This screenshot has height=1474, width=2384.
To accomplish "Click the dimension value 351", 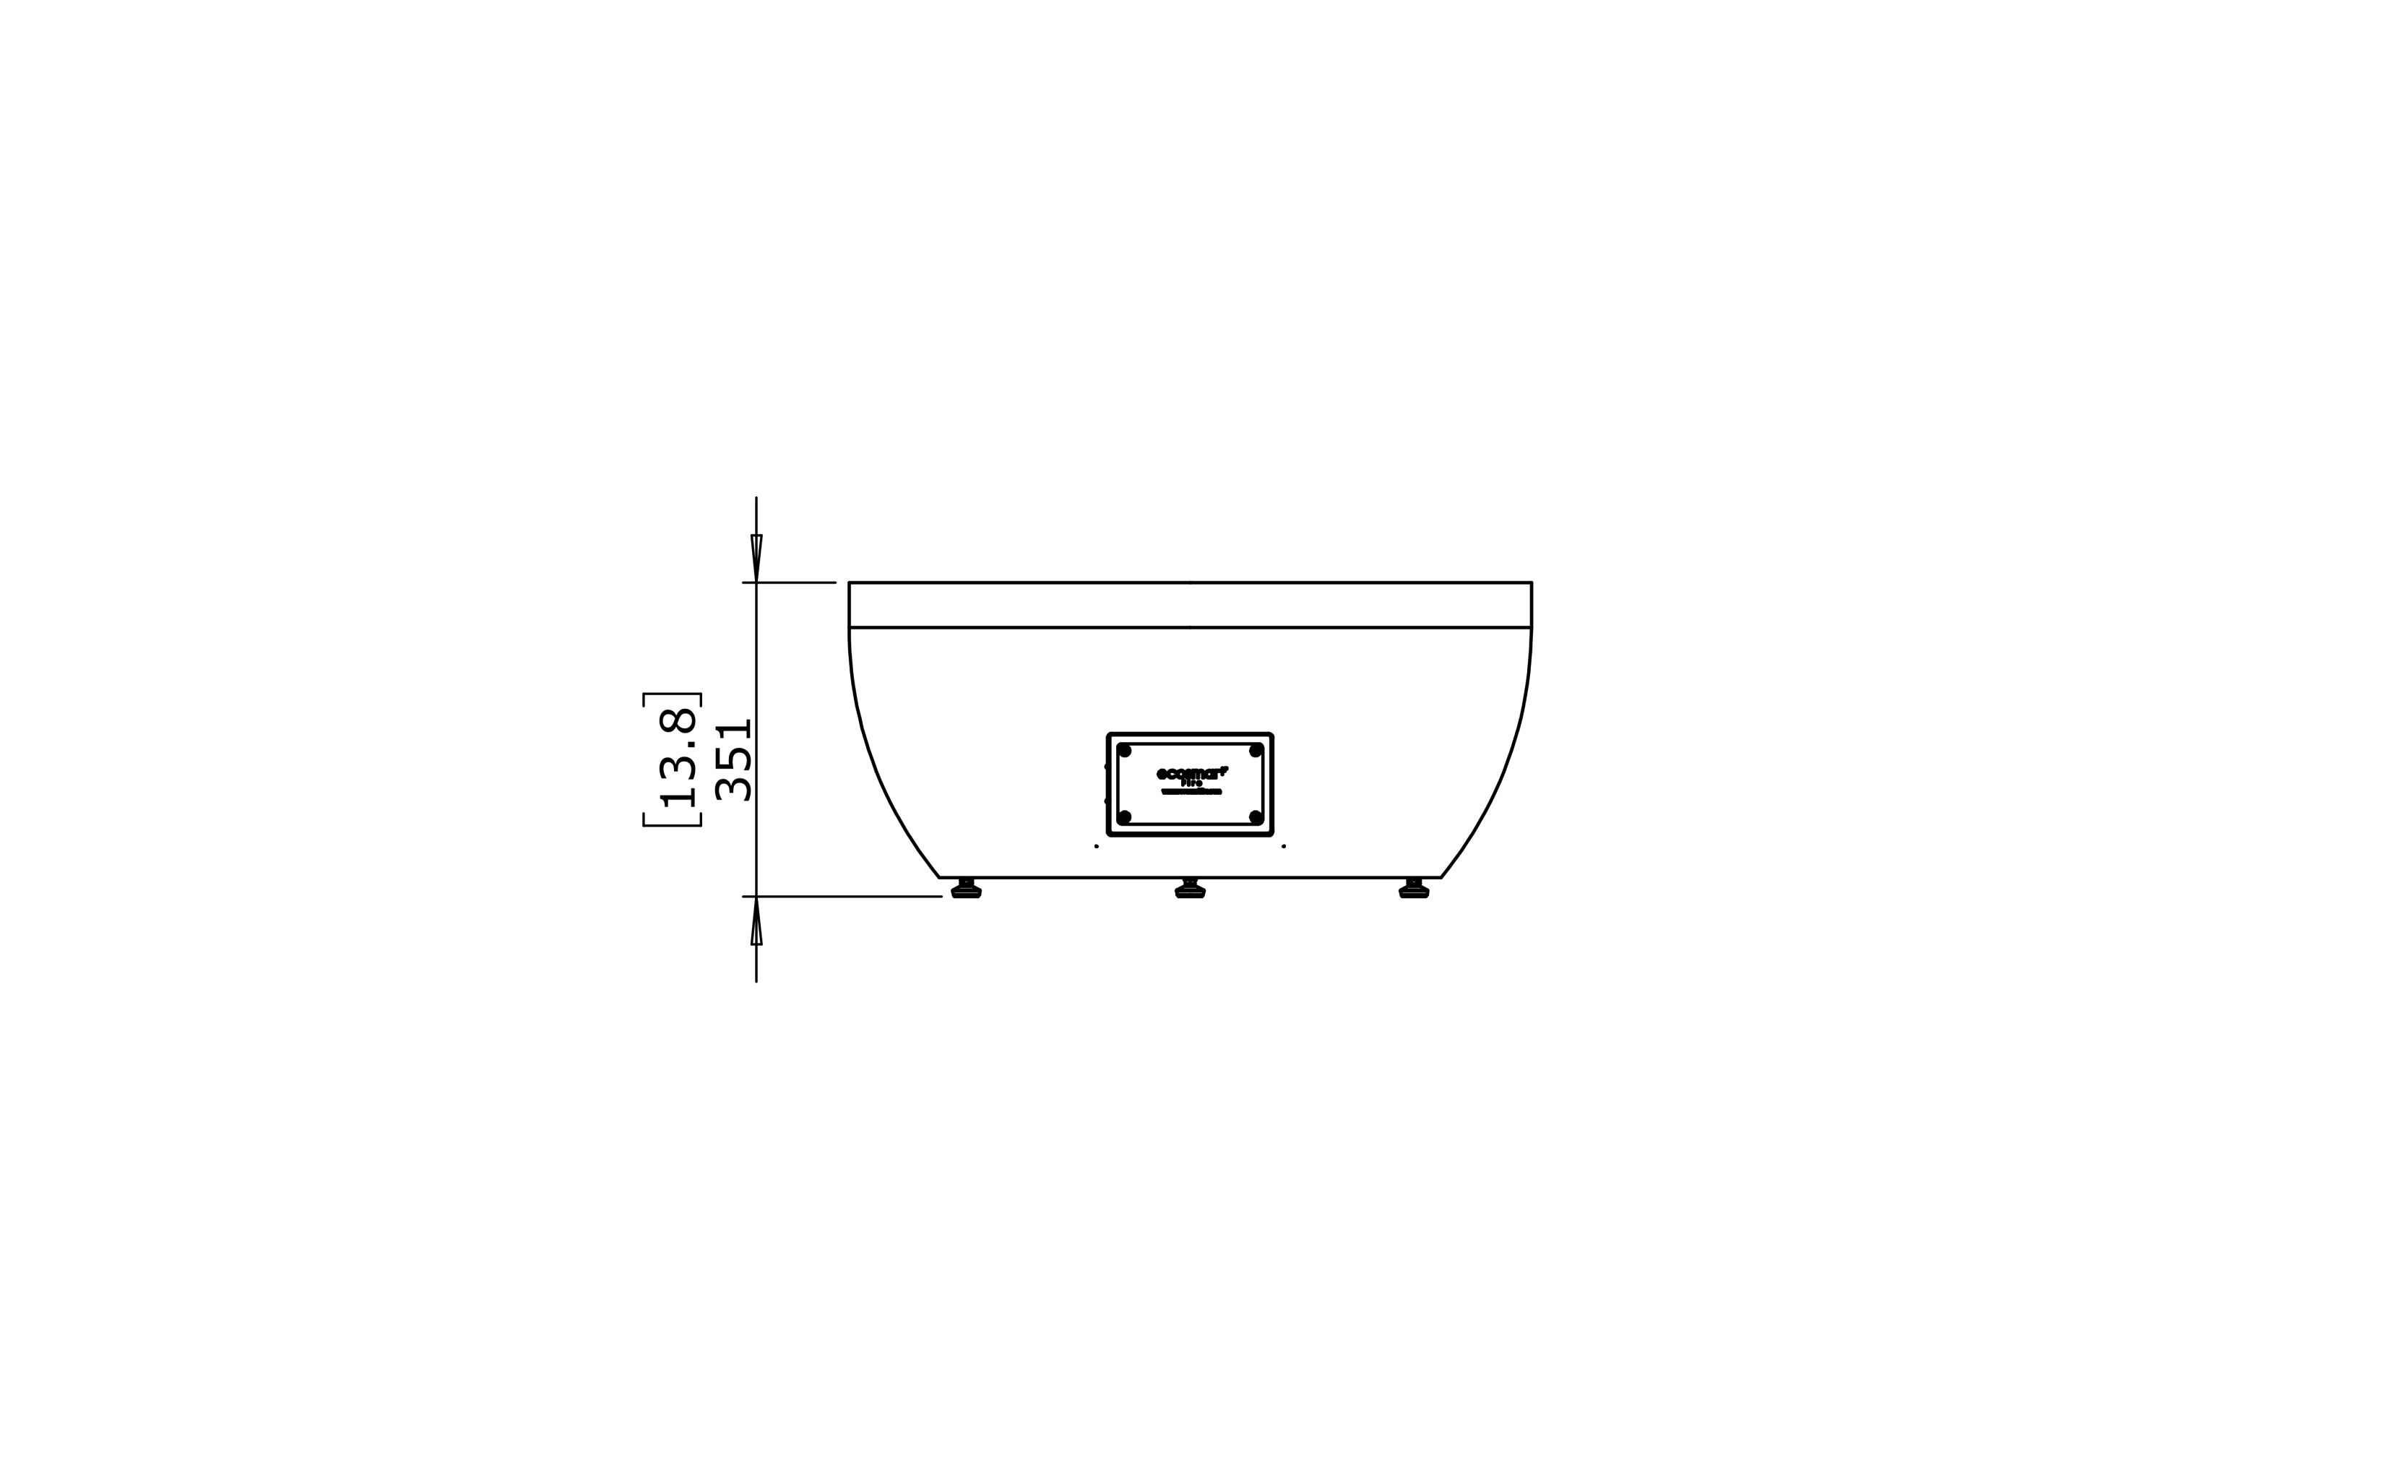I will tap(734, 760).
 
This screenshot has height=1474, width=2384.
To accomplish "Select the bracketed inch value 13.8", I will tap(678, 759).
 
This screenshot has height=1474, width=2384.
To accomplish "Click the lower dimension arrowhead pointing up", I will tap(756, 922).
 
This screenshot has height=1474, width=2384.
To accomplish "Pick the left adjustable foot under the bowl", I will tap(966, 888).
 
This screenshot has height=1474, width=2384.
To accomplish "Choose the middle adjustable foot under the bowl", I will tap(1190, 888).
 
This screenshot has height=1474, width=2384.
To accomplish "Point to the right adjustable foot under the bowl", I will tap(1415, 888).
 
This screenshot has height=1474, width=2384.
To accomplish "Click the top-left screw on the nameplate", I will tap(1125, 751).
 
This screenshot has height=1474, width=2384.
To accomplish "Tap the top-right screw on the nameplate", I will tap(1256, 751).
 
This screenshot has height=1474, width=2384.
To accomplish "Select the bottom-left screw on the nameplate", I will tap(1125, 817).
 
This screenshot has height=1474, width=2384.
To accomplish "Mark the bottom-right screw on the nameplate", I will tap(1256, 817).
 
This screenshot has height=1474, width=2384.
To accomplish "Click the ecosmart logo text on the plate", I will tap(1191, 773).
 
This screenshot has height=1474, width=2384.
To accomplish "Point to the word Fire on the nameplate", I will tap(1191, 783).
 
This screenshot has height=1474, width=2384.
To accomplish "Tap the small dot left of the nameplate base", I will tap(1097, 846).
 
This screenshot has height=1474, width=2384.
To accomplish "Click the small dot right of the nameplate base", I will tap(1284, 846).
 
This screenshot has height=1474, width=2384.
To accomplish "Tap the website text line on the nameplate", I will tap(1191, 792).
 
